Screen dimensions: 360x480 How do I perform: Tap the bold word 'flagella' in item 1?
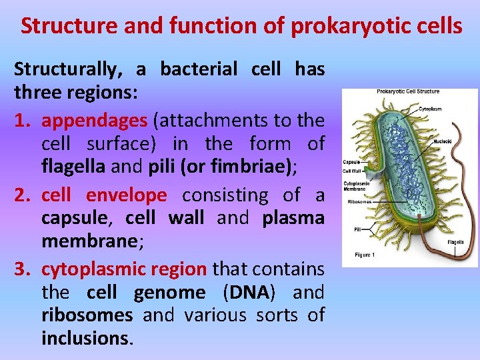click(73, 167)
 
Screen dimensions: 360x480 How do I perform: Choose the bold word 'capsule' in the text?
click(70, 218)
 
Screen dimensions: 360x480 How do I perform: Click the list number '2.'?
click(25, 195)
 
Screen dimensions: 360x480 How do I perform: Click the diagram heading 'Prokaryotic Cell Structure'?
click(409, 91)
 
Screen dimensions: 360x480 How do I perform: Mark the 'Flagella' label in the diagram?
click(456, 241)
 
